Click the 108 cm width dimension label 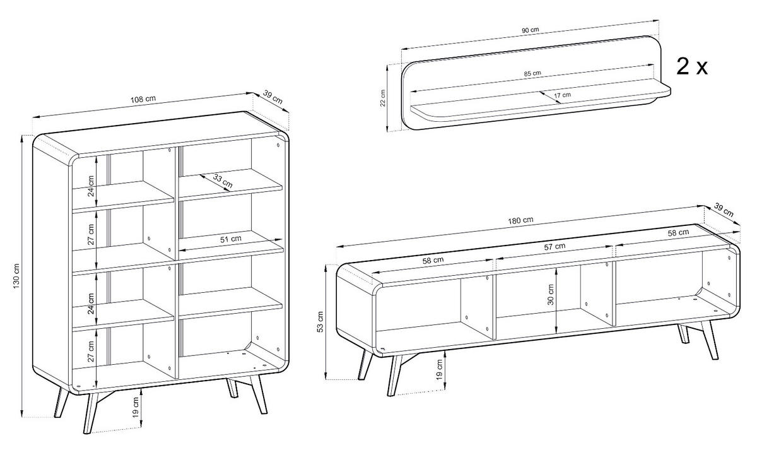click(143, 99)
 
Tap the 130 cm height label click(17, 275)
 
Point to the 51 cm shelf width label click(231, 239)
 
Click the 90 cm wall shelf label click(530, 30)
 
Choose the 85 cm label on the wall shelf click(532, 73)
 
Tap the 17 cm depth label click(562, 95)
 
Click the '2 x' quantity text click(691, 66)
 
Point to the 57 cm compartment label click(555, 247)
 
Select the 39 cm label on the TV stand click(724, 210)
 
